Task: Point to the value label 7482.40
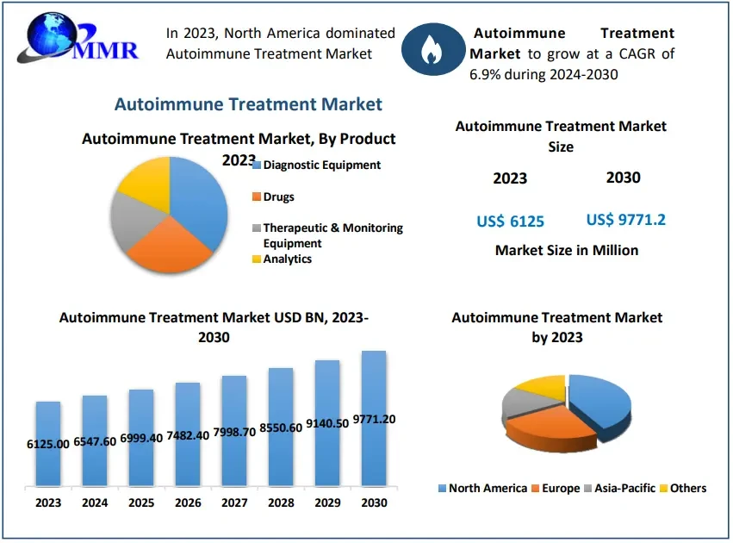tap(188, 435)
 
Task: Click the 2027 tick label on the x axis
tap(234, 502)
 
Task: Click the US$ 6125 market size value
tap(510, 222)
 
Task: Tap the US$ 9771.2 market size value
tap(625, 220)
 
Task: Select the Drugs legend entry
tap(277, 197)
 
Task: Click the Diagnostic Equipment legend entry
tap(320, 165)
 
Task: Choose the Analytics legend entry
tap(286, 259)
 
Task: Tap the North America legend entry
tap(487, 489)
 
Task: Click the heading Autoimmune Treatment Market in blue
tap(248, 104)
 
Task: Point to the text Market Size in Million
tap(567, 250)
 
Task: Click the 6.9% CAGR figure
tap(487, 75)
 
